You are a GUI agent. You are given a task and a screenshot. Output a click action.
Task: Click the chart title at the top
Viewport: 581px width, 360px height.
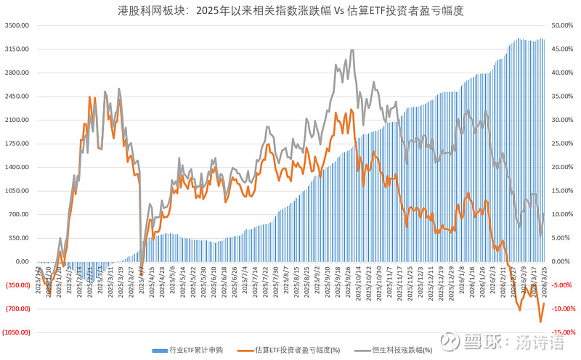point(290,11)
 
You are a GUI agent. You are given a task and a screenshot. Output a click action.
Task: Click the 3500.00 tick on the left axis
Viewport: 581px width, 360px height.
point(16,25)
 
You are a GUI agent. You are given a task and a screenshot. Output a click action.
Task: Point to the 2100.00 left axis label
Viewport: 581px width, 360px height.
point(16,120)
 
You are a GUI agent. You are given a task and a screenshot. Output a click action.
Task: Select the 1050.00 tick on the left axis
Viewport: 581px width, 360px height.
point(16,191)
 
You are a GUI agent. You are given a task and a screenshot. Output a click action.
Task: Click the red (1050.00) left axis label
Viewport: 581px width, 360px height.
point(15,332)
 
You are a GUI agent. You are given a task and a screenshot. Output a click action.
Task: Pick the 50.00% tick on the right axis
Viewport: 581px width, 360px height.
point(564,25)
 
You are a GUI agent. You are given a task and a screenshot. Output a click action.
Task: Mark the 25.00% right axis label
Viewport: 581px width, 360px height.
point(564,144)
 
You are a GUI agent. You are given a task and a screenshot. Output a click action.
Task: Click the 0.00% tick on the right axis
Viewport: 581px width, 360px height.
point(565,261)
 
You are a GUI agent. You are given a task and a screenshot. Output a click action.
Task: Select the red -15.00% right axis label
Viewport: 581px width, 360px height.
point(564,332)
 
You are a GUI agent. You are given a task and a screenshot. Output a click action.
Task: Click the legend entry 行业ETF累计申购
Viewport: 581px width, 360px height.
point(193,349)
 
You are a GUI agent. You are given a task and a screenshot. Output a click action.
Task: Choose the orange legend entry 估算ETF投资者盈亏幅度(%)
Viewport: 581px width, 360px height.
point(298,349)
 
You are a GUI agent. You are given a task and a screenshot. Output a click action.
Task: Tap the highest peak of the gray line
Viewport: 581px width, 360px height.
point(352,50)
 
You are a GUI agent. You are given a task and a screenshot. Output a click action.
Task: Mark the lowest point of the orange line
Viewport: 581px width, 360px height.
point(540,322)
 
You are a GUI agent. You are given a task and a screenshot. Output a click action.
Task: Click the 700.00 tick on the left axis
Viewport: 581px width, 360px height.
point(17,214)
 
